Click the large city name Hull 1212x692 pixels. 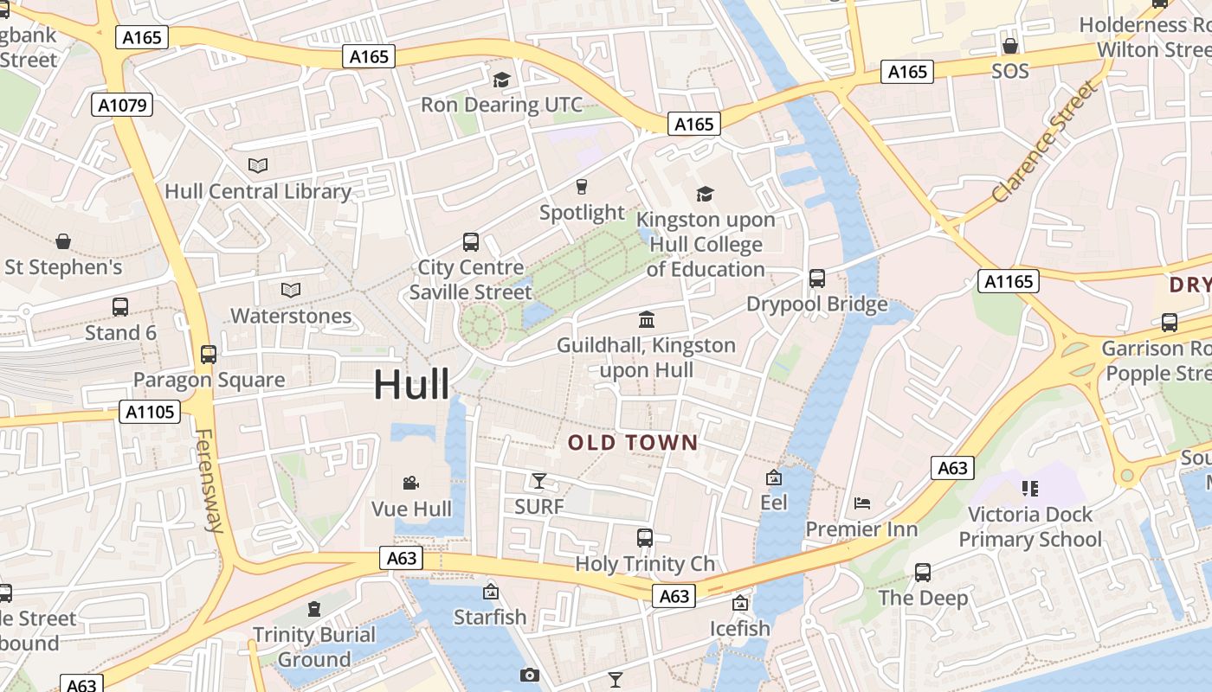411,384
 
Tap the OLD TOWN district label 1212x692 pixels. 633,443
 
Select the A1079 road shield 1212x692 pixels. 122,106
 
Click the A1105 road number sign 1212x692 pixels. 150,412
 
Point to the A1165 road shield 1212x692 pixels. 1009,281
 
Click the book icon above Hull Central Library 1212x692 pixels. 258,165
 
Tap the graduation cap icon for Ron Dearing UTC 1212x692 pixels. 501,80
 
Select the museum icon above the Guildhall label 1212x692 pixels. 646,320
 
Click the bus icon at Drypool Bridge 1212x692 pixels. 816,279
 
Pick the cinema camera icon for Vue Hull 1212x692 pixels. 411,483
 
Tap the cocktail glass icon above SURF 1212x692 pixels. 539,480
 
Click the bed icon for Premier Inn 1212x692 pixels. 861,503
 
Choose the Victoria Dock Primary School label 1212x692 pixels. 1030,527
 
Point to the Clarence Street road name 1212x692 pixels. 1044,144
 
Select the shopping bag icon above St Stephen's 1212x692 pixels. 63,240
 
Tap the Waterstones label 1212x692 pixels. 291,316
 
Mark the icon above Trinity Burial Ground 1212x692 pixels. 314,609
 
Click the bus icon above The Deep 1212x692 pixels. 923,572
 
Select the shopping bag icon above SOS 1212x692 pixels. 1009,45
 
